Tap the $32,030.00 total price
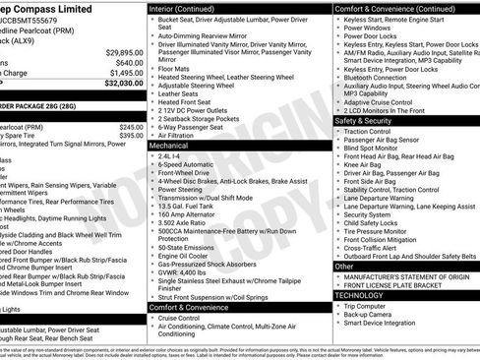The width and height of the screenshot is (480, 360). click(118, 84)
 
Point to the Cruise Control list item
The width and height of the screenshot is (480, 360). click(188, 319)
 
